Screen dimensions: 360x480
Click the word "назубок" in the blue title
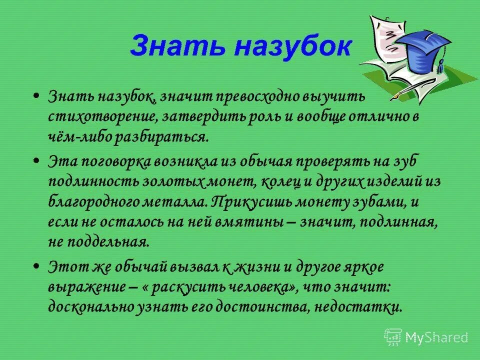click(x=292, y=46)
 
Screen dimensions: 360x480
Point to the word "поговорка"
click(x=124, y=160)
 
